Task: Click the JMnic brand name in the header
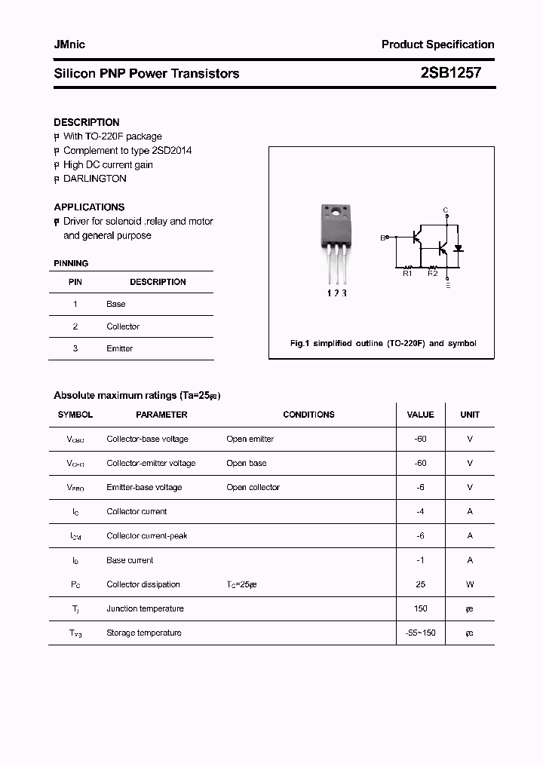coord(69,44)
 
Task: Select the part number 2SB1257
coord(449,73)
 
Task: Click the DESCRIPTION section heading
coord(87,122)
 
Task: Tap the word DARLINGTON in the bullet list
coord(95,179)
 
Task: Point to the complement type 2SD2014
coord(172,150)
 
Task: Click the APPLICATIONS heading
coord(89,207)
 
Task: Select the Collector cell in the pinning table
coord(123,326)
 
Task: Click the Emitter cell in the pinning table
coord(119,348)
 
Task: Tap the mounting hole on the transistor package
coord(333,211)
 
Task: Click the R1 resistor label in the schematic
coord(407,274)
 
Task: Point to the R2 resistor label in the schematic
coord(433,274)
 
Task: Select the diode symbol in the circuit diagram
coord(458,247)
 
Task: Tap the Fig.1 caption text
coord(383,343)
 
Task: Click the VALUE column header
coord(420,415)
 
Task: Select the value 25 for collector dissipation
coord(420,584)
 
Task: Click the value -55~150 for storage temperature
coord(420,633)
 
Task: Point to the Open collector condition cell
coord(253,487)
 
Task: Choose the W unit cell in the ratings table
coord(469,584)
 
